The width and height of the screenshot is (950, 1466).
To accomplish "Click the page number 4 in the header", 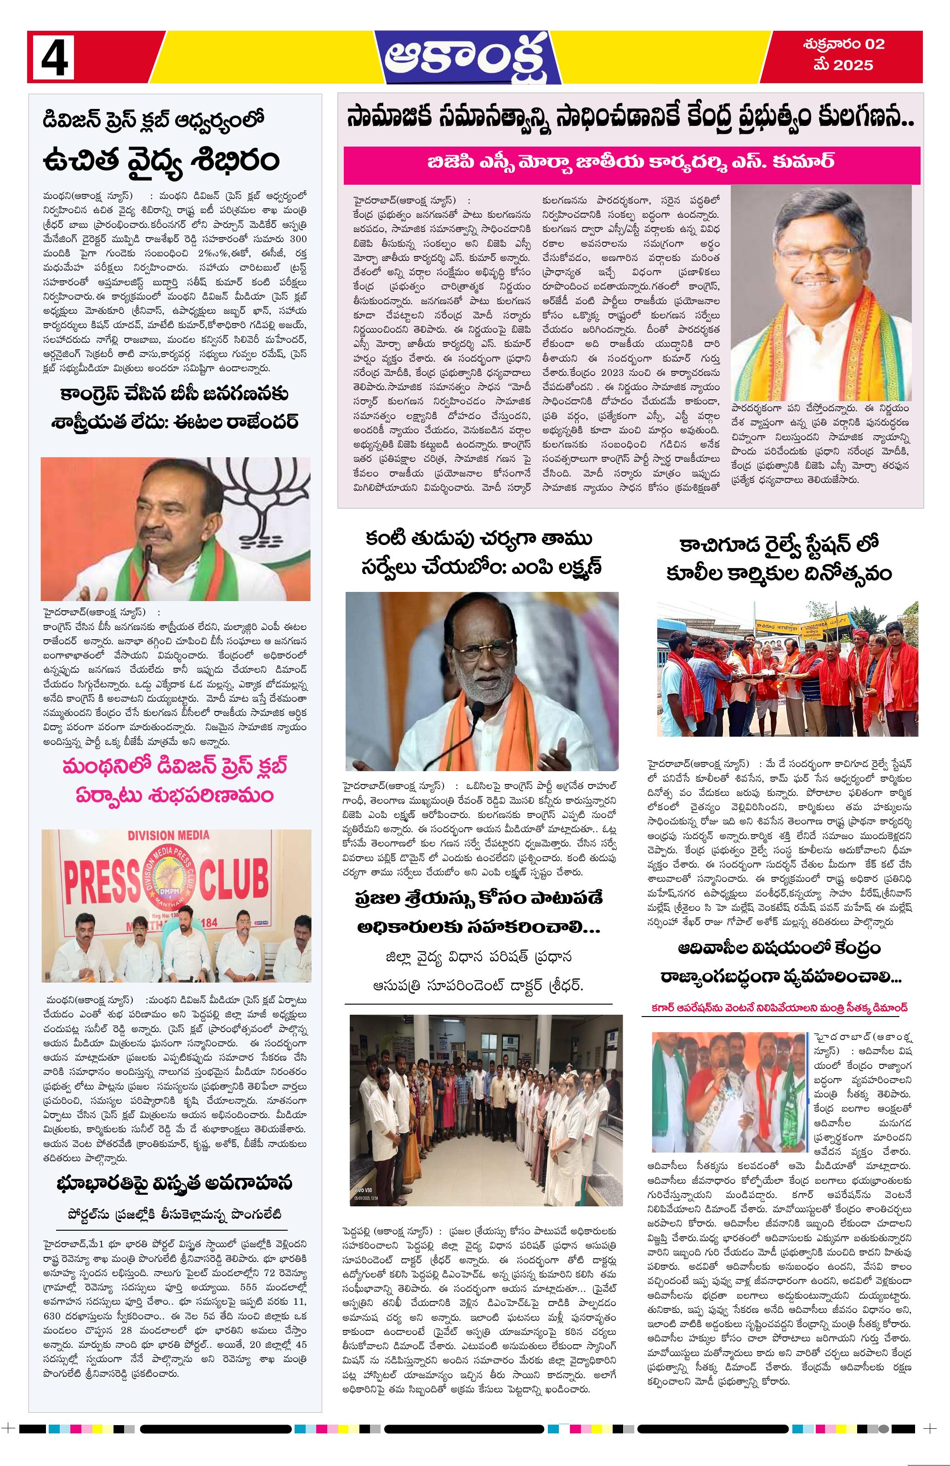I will tap(54, 57).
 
